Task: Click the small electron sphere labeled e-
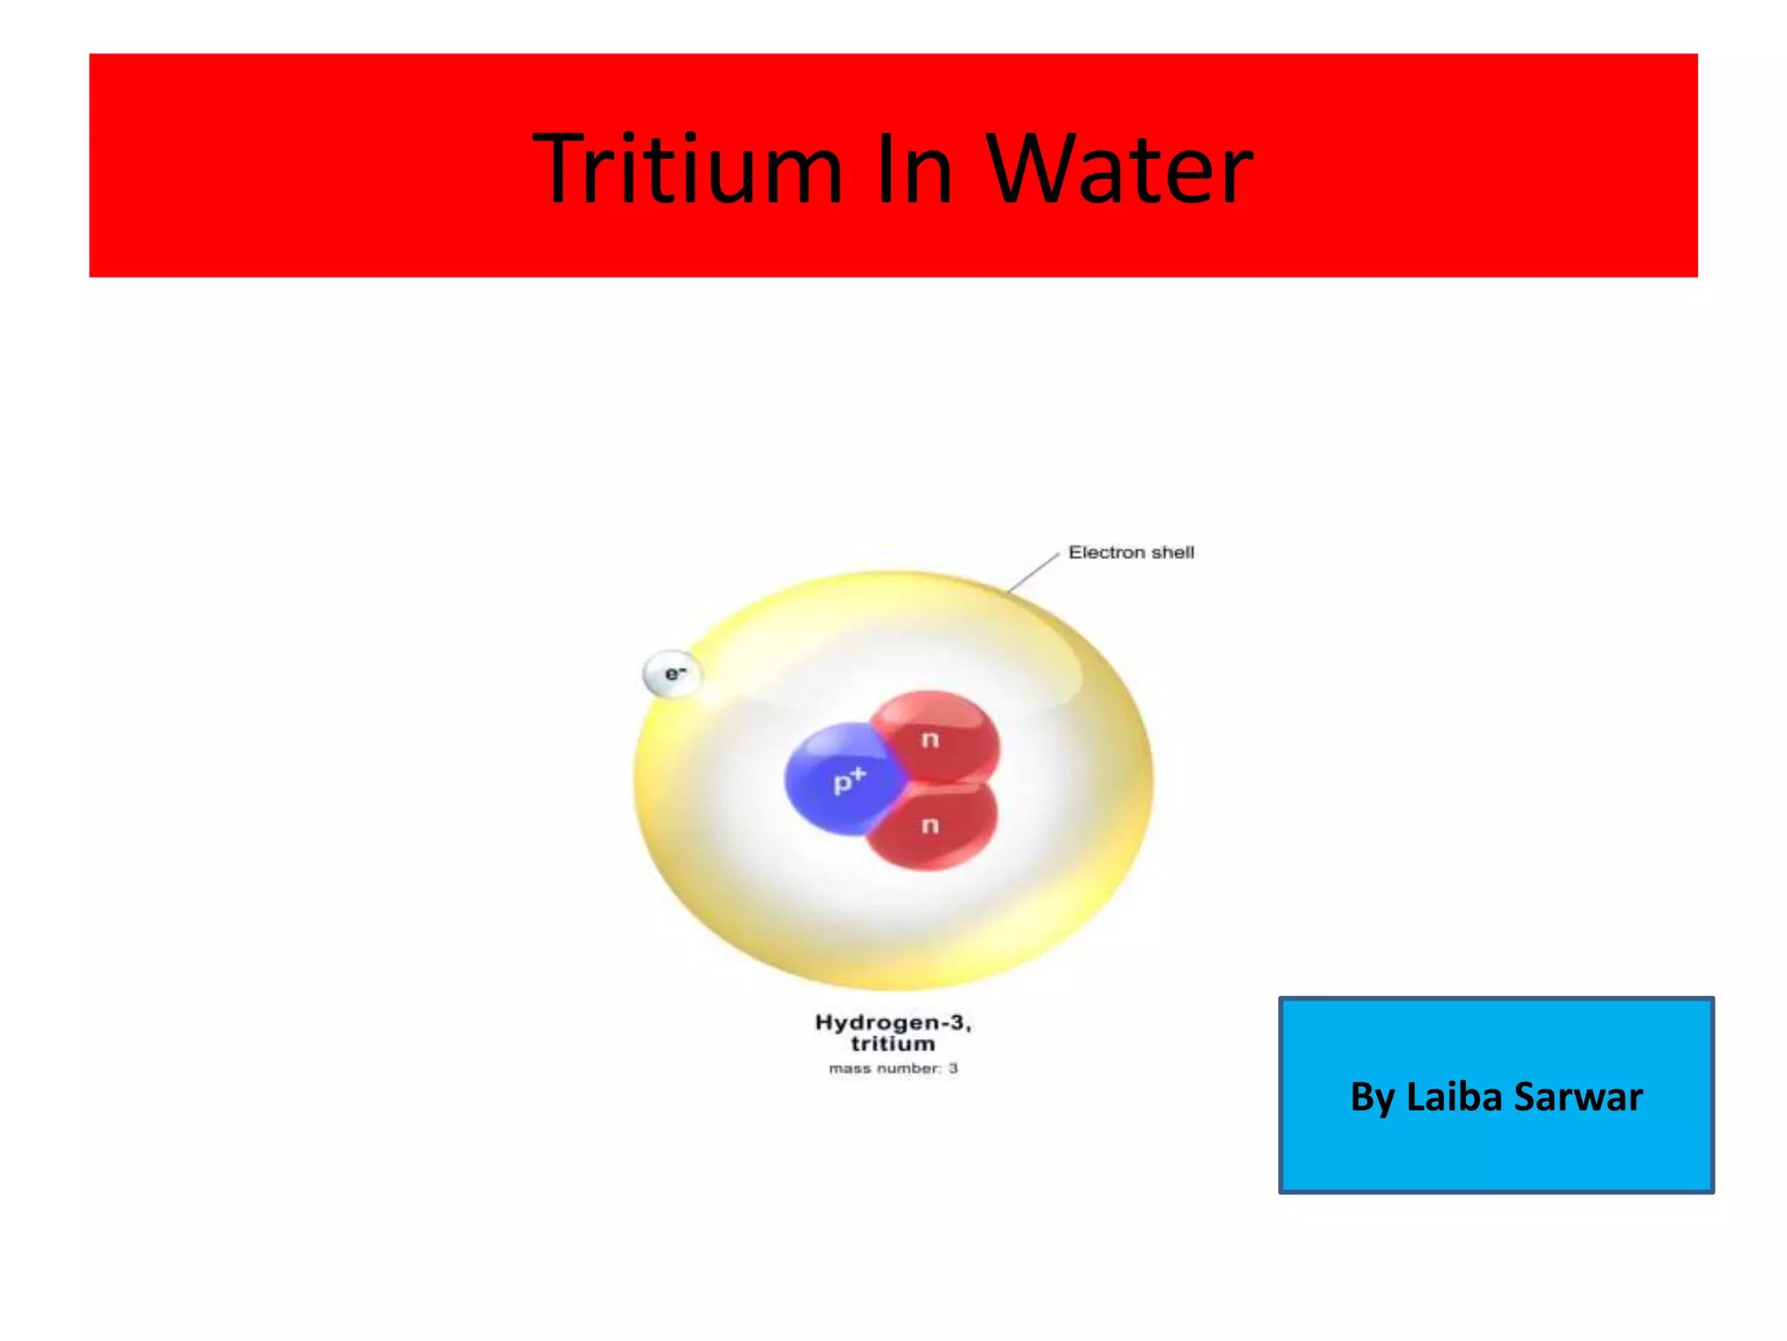[672, 674]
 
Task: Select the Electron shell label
[1131, 553]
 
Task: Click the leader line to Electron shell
[1033, 573]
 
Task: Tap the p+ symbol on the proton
[849, 779]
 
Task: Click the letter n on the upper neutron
[930, 740]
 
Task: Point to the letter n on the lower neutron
[930, 825]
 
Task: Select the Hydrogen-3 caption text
[893, 1022]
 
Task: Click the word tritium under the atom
[893, 1044]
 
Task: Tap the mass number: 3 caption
[893, 1069]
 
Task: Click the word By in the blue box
[1372, 1098]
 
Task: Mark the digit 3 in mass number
[954, 1069]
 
